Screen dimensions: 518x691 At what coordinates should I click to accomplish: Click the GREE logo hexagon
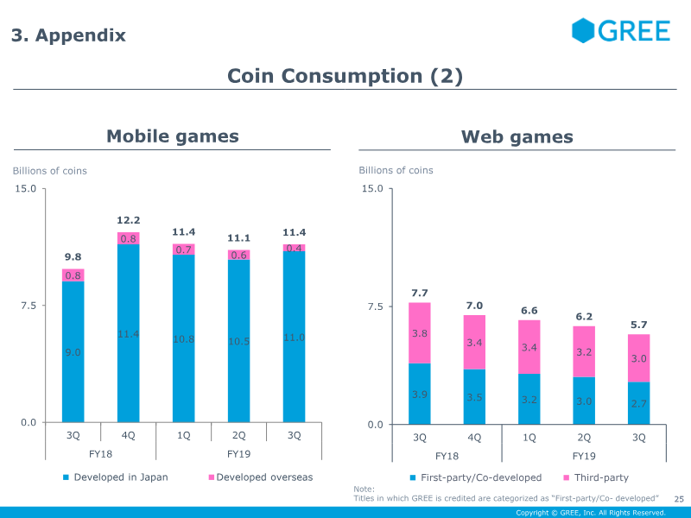pos(584,30)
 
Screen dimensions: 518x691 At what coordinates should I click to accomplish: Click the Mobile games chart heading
pos(172,136)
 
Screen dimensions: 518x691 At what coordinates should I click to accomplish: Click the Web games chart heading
pos(517,136)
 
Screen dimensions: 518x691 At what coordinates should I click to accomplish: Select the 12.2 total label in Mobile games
pos(129,221)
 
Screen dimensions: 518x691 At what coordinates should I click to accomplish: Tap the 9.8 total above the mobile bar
pos(73,256)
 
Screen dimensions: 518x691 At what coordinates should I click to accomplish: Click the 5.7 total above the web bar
pos(638,325)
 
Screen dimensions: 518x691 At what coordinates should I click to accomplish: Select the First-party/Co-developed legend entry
pos(475,477)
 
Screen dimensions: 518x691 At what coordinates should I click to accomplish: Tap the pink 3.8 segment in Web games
pos(420,333)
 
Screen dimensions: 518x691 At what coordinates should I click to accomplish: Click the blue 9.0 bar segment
pos(73,352)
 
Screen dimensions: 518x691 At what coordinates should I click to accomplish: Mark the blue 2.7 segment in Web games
pos(638,403)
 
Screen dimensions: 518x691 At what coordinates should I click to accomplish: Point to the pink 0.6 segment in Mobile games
pos(239,255)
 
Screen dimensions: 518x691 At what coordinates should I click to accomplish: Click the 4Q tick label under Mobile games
pos(129,435)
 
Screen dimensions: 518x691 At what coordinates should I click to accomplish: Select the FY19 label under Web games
pos(584,456)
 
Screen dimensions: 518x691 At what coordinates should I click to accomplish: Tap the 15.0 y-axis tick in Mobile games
pos(26,188)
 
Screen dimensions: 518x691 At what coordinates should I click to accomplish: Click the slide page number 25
pos(679,499)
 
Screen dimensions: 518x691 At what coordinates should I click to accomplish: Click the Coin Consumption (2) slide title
pos(345,76)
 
